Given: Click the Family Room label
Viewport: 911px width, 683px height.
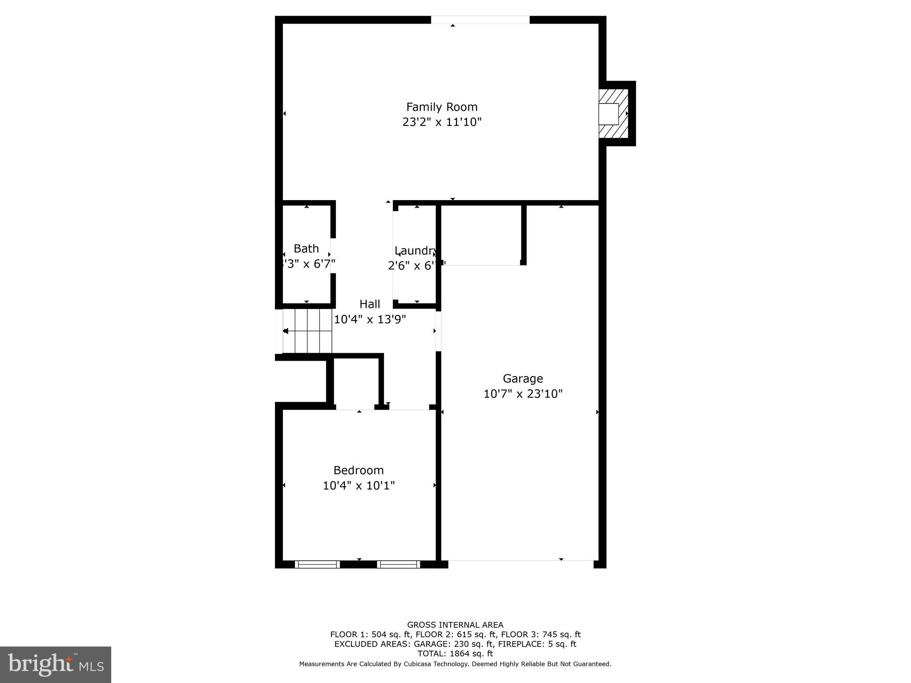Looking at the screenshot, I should (442, 107).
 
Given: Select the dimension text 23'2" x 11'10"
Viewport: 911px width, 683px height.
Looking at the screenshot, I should (442, 122).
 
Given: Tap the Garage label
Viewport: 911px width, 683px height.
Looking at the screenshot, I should (523, 378).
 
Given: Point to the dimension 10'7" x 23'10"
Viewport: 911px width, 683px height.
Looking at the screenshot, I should (523, 394).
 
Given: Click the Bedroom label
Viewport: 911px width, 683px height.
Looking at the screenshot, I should (359, 470).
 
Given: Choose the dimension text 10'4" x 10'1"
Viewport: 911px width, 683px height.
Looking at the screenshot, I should (359, 485).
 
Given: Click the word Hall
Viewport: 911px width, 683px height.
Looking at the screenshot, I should (370, 304).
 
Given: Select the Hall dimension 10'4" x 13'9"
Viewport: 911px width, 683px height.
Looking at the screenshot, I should (370, 319).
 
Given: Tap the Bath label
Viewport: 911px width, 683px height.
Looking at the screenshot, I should (306, 249).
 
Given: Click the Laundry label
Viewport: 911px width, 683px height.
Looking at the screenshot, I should (415, 250).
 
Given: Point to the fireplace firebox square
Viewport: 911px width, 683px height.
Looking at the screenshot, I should (608, 114).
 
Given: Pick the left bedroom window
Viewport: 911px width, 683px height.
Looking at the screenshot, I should (317, 564).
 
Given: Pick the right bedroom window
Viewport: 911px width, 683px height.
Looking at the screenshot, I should (399, 564).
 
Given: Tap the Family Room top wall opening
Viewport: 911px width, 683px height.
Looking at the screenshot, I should (480, 20).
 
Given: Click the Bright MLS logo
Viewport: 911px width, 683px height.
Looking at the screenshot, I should (56, 664).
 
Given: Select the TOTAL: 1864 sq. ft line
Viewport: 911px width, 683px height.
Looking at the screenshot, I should (455, 654).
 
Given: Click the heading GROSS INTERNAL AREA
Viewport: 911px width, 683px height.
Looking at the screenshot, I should (455, 625).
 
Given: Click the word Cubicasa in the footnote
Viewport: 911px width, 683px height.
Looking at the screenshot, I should (421, 664).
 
